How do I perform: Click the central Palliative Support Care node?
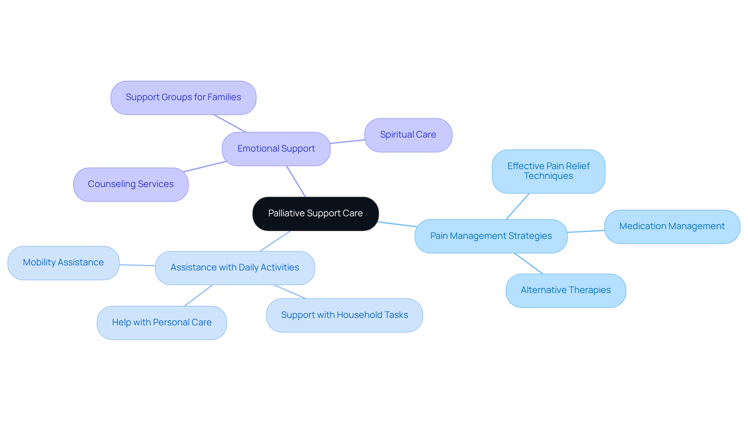(315, 214)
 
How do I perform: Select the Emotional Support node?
(276, 149)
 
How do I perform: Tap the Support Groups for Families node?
(183, 97)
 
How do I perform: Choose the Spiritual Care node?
(408, 135)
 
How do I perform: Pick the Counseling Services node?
(131, 184)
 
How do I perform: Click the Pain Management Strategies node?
(490, 236)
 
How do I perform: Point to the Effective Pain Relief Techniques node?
(548, 171)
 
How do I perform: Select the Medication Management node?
(672, 226)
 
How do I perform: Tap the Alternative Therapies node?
(565, 290)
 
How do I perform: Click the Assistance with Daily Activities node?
(235, 268)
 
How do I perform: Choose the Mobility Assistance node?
(63, 263)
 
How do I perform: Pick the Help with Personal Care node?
(162, 323)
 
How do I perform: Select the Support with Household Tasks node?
(344, 315)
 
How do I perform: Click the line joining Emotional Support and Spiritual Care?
(347, 141)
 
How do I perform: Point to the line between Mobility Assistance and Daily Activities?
(137, 265)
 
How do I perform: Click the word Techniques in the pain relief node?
(548, 176)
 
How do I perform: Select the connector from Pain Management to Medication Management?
(586, 231)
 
